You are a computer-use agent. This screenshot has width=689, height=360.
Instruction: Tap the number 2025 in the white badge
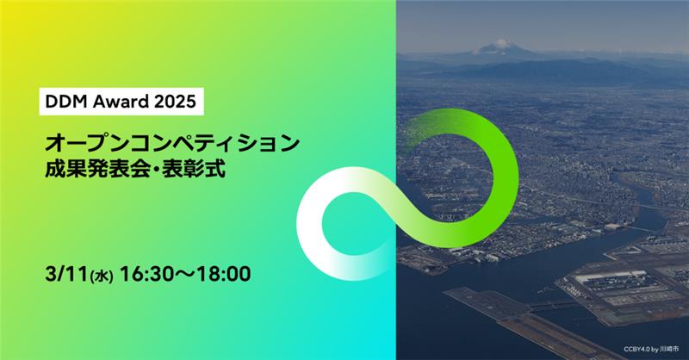pyautogui.click(x=175, y=102)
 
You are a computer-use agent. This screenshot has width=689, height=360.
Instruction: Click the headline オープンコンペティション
pyautogui.click(x=172, y=140)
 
